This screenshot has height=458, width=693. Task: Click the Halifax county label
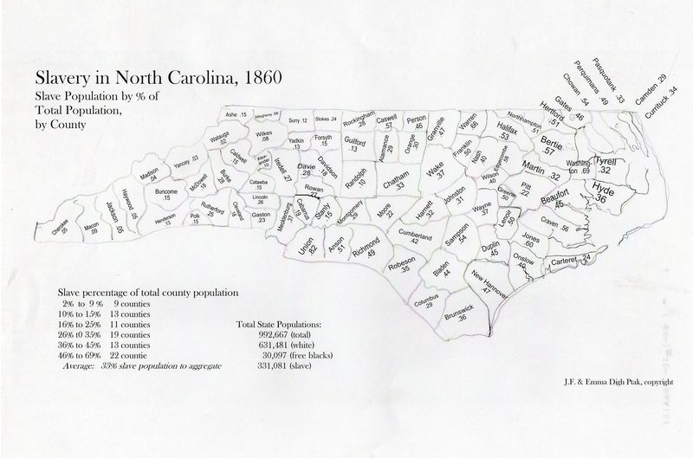(509, 131)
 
